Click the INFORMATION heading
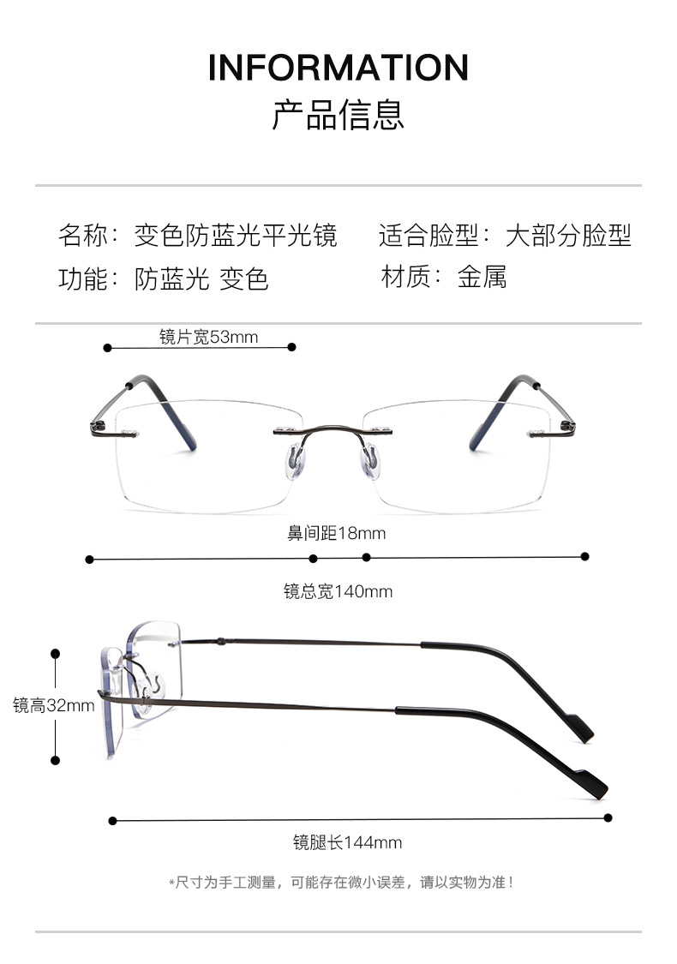(x=338, y=68)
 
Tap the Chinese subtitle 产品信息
(x=338, y=115)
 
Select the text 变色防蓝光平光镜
(x=236, y=235)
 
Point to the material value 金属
(x=482, y=277)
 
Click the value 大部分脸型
(x=569, y=235)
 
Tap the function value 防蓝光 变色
(x=201, y=278)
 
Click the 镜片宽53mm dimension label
(x=208, y=337)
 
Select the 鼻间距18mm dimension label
(x=336, y=533)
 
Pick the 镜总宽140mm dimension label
(x=338, y=591)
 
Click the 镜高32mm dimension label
(x=53, y=705)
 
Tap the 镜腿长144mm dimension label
(x=347, y=842)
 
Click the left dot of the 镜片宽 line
(x=108, y=347)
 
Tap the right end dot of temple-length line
(x=608, y=817)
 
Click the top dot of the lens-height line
(x=56, y=653)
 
